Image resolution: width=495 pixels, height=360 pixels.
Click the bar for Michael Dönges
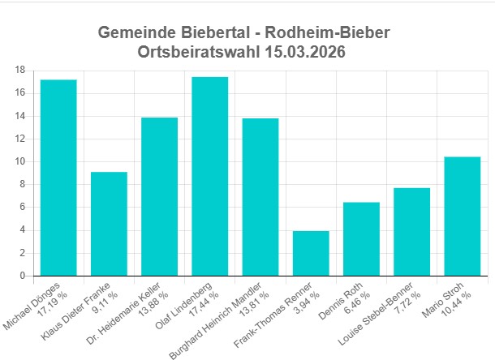(58, 178)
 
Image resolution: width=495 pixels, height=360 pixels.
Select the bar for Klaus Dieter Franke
(109, 224)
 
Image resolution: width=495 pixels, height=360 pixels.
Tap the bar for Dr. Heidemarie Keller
(159, 196)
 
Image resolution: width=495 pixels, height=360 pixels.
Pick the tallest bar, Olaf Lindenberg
(209, 176)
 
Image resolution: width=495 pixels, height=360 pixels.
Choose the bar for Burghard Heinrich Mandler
(260, 197)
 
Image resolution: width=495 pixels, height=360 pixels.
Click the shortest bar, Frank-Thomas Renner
(311, 253)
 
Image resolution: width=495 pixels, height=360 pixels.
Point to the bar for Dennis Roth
(361, 238)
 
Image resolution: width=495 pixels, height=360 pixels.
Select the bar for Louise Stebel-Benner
(412, 232)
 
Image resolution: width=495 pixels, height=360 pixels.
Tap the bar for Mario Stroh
(463, 216)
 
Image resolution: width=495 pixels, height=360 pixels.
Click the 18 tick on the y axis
(19, 70)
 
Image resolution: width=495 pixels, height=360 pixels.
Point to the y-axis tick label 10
(19, 161)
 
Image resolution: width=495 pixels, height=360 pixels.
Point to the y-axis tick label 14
(19, 116)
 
